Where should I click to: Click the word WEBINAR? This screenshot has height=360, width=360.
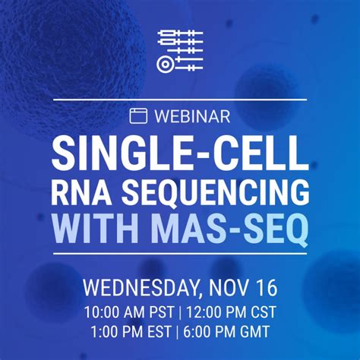click(191, 116)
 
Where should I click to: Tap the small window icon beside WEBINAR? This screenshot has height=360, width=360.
click(138, 116)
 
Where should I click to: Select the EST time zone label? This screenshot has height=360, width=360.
click(156, 332)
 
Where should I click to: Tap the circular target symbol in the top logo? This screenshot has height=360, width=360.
click(165, 64)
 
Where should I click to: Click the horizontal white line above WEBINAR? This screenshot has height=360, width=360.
click(180, 99)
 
